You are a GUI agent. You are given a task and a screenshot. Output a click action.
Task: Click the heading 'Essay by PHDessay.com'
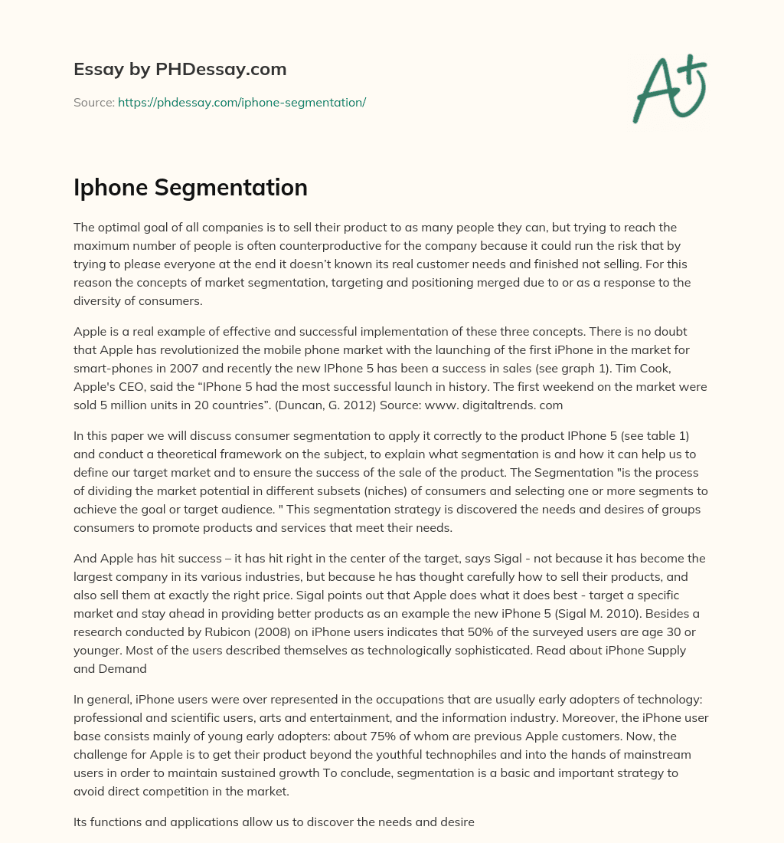coord(180,70)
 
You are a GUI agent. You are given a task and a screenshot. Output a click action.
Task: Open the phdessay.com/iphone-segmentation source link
coord(242,102)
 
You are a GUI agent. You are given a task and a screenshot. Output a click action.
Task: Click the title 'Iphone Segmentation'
coord(191,188)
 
